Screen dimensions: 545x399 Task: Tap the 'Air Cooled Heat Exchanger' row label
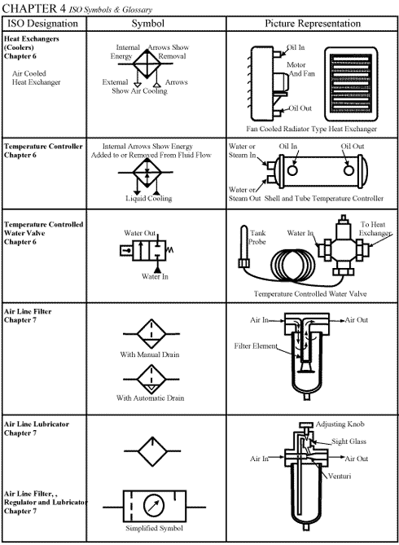tap(36, 77)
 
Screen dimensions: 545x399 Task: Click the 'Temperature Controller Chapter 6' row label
tap(43, 151)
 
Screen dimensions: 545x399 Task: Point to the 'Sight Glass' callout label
tap(349, 442)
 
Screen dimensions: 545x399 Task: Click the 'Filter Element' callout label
tap(255, 346)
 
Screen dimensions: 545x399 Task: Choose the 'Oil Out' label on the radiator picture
tap(301, 108)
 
